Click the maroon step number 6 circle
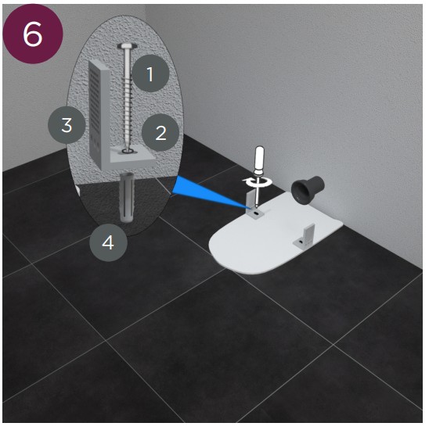click(33, 34)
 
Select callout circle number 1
click(150, 73)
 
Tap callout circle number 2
click(160, 133)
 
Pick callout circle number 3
click(67, 125)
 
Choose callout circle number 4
click(108, 242)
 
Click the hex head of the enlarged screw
click(127, 46)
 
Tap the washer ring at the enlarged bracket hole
click(127, 151)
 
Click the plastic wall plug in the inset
click(126, 197)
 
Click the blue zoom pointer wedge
click(210, 192)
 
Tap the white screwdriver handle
click(260, 161)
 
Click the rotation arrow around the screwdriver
click(258, 181)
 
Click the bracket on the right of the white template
click(305, 236)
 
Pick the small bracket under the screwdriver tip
click(254, 206)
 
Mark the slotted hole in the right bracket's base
click(301, 242)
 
